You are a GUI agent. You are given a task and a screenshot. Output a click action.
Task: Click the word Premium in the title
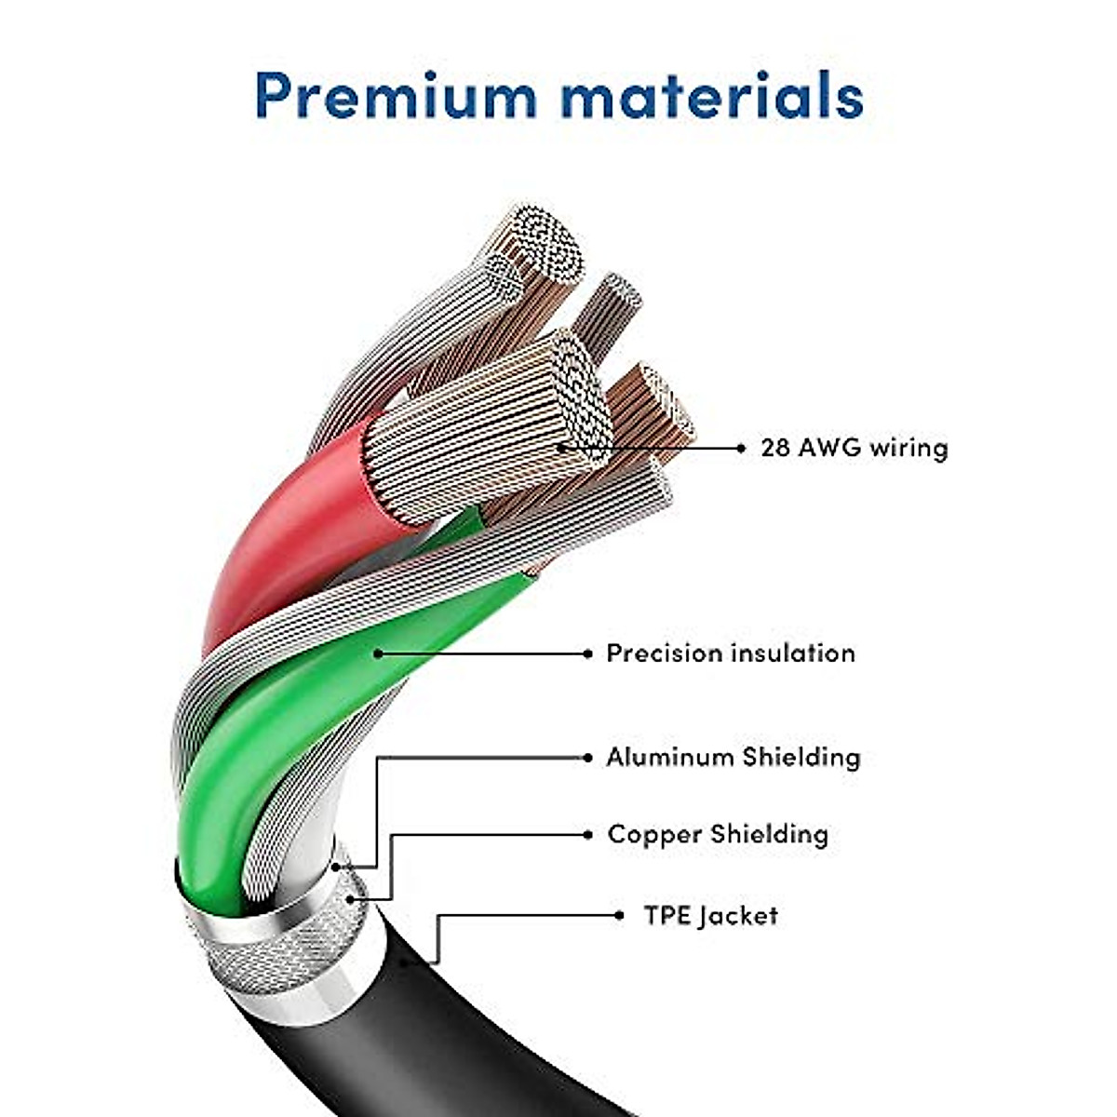[x=396, y=95]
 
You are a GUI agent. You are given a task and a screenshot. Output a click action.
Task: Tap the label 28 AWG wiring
[x=855, y=448]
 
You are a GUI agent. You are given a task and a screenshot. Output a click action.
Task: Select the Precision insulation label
[x=731, y=653]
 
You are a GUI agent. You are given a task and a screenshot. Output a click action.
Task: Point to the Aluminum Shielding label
[x=733, y=757]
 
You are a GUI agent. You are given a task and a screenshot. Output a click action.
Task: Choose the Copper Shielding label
[x=718, y=834]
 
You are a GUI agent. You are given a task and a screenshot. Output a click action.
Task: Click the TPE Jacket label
[x=710, y=916]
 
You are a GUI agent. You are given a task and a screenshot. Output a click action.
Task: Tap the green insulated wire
[x=279, y=726]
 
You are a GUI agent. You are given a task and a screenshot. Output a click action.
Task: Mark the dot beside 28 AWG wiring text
[x=741, y=448]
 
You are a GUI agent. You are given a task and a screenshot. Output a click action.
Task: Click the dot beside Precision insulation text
[x=587, y=653]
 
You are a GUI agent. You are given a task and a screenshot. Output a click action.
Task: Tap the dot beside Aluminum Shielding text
[x=587, y=758]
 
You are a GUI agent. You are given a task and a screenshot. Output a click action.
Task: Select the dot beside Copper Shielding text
[x=587, y=835]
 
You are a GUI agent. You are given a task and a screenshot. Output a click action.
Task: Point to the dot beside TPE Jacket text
[x=620, y=916]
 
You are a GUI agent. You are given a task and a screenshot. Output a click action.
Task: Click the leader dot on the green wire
[x=378, y=653]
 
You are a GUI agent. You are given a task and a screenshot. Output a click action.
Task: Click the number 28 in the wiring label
[x=775, y=448]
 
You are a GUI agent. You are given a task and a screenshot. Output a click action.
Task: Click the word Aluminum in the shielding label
[x=670, y=757]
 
